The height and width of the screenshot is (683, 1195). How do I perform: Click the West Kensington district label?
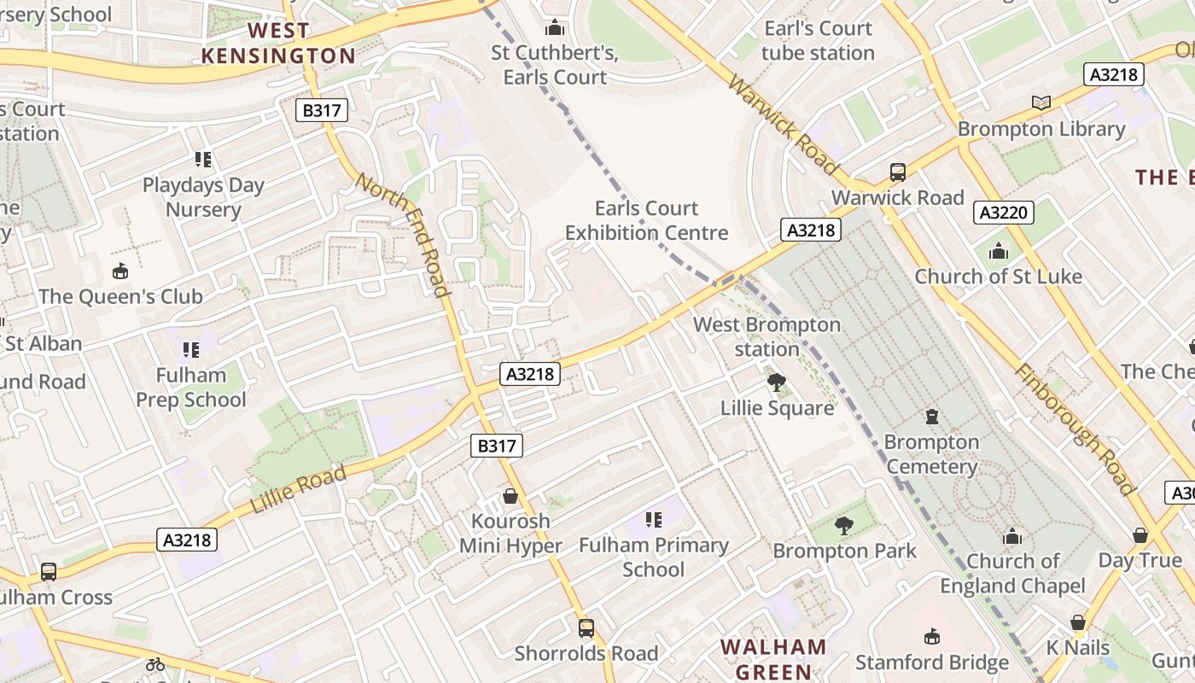click(278, 44)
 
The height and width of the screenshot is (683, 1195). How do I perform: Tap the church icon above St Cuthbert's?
click(555, 27)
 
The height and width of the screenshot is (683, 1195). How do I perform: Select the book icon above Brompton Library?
click(1041, 103)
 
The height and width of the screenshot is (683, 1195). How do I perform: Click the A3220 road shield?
click(1004, 213)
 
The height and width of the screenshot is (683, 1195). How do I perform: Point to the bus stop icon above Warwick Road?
click(898, 172)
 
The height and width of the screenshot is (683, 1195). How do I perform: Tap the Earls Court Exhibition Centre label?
click(647, 220)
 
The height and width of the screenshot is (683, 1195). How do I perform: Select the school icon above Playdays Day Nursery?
click(203, 159)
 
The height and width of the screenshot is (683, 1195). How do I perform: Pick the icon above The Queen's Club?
click(120, 271)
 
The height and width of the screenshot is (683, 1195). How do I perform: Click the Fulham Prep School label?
click(191, 387)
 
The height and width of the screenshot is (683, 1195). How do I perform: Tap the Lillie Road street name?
click(298, 489)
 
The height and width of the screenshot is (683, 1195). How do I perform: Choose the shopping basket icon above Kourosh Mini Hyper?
click(510, 496)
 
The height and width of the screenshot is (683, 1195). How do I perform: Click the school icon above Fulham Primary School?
click(654, 519)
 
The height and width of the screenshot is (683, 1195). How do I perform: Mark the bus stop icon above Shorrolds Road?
click(586, 628)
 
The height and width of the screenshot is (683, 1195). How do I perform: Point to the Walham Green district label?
click(773, 659)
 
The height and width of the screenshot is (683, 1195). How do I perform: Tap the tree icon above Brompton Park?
click(844, 526)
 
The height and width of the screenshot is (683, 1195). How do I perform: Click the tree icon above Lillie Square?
click(777, 382)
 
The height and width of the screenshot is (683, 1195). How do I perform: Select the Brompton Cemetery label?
click(931, 454)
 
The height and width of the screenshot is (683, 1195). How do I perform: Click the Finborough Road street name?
click(1075, 429)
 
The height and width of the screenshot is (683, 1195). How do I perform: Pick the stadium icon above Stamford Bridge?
click(932, 637)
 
